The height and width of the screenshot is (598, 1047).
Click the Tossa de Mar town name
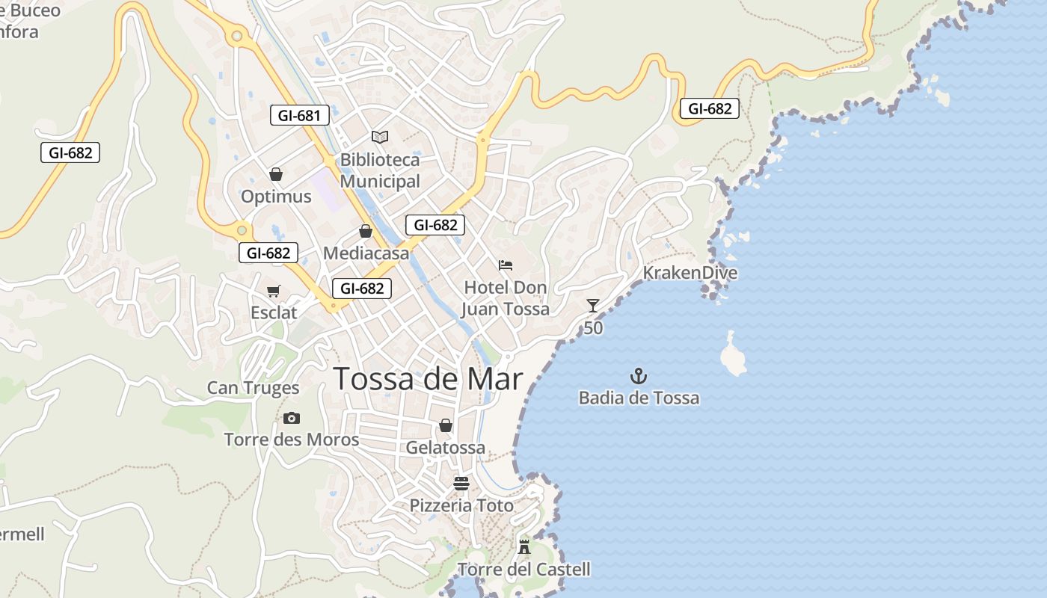(428, 379)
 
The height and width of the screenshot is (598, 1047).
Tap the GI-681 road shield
(299, 115)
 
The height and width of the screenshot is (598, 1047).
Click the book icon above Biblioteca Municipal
(380, 137)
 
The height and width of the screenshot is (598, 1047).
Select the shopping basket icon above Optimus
(276, 174)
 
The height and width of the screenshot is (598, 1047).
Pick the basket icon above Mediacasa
(366, 231)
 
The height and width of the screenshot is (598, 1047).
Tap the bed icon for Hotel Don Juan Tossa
(506, 265)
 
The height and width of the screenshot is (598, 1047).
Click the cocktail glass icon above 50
(593, 305)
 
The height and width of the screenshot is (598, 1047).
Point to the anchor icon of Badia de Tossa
(639, 376)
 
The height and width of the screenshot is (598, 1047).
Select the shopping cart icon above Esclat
(274, 291)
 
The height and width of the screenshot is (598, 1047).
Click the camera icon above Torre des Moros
(292, 418)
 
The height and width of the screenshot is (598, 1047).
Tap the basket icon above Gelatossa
(446, 425)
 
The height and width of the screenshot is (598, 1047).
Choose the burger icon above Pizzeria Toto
(461, 483)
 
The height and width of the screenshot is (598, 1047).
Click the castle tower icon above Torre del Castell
(524, 546)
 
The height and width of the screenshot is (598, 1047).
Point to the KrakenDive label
(690, 273)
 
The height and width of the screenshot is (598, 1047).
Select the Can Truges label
(253, 388)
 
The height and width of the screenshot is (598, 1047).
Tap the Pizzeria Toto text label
(461, 506)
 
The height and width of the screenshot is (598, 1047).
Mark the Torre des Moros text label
(292, 440)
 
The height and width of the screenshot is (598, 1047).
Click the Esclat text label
(274, 312)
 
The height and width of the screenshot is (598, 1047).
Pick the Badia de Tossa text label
(639, 398)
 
